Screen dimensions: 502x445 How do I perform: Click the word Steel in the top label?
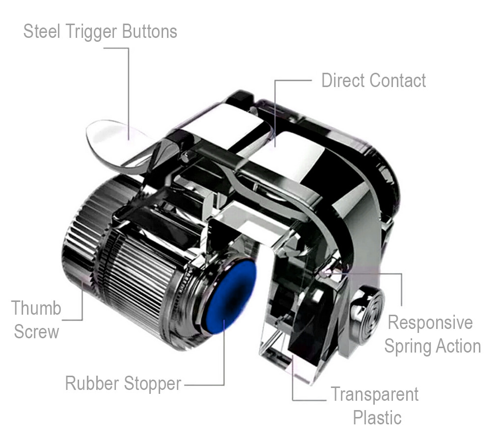42,31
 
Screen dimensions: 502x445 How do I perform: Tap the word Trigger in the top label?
91,32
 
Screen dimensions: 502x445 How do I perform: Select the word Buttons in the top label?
149,31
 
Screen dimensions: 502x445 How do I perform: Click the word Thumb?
36,308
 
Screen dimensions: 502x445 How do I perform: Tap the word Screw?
36,331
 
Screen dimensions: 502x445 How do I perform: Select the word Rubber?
92,383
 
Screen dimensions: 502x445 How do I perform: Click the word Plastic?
377,418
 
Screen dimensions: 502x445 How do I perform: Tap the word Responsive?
430,323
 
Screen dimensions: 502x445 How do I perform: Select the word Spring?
407,347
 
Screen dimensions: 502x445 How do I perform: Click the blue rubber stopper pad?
231,297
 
